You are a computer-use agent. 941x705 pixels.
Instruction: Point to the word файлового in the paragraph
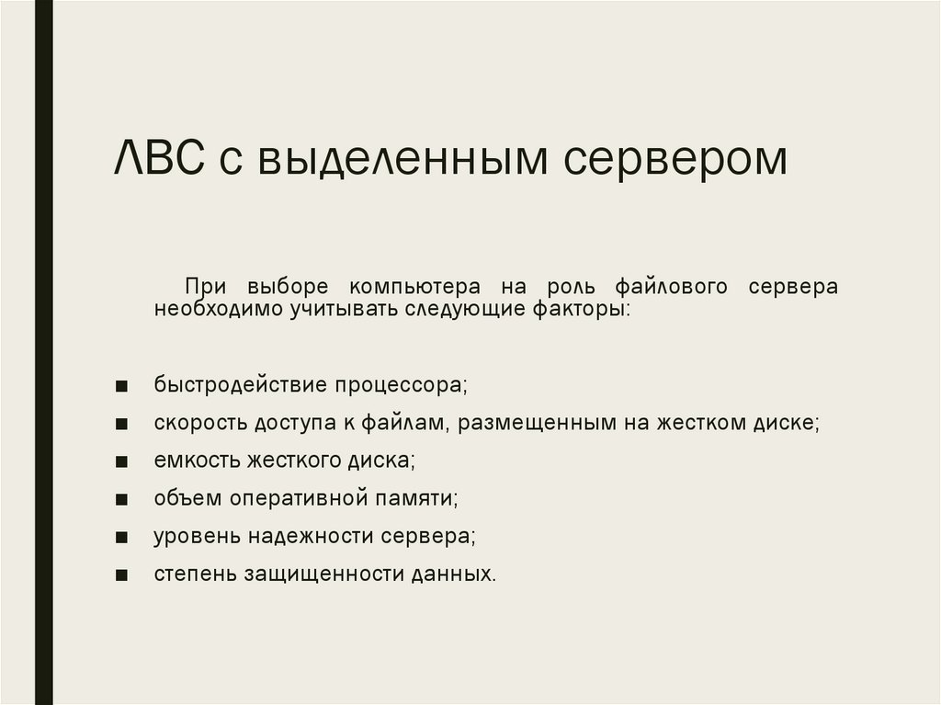tap(663, 286)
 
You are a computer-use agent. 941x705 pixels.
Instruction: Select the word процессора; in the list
tap(404, 384)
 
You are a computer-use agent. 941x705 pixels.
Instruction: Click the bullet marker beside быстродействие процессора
tap(123, 385)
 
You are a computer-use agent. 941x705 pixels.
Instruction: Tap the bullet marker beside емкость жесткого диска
tap(123, 461)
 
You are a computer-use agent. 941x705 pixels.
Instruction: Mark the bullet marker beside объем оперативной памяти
tap(123, 499)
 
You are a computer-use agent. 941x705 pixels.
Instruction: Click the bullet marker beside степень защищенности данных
tap(123, 575)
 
